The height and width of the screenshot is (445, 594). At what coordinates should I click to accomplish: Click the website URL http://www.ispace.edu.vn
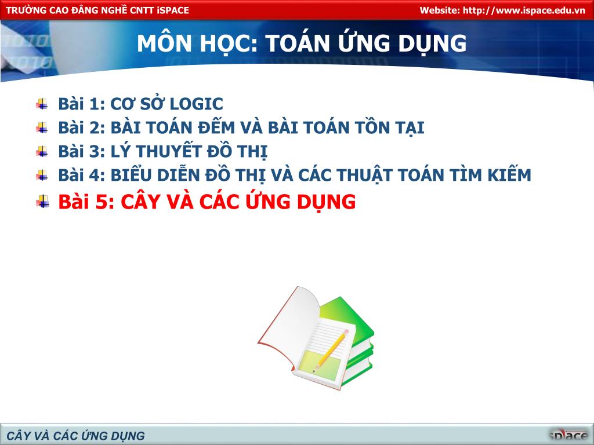coord(524,10)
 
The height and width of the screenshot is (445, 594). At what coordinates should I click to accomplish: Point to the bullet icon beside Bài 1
coord(42,104)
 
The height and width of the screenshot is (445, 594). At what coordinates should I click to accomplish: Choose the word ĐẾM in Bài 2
coord(217,127)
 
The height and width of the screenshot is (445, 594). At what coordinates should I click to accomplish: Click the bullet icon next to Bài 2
coord(42,127)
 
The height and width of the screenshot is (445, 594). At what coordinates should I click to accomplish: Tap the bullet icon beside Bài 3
coord(42,151)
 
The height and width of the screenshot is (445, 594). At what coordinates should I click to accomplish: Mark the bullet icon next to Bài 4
coord(42,175)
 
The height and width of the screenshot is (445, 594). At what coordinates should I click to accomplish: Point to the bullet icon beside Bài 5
coord(42,201)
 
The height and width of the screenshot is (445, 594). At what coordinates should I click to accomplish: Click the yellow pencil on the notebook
coord(330,351)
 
